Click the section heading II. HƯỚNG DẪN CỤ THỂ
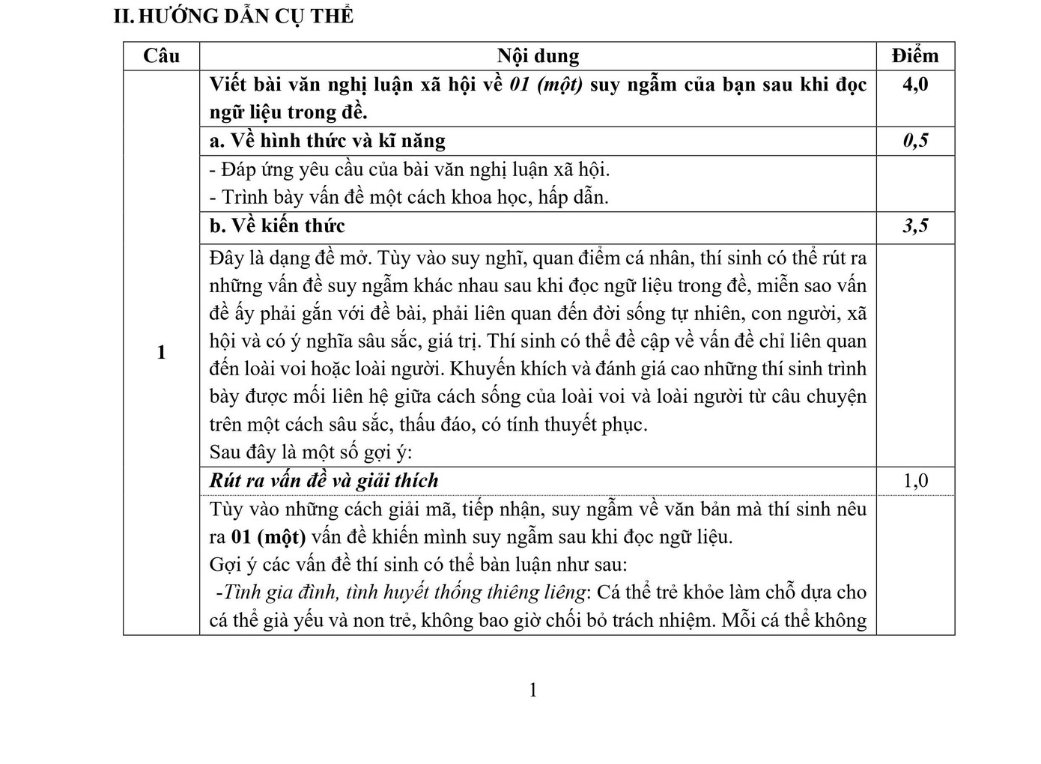click(x=233, y=16)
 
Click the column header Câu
click(x=162, y=56)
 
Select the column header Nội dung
click(x=538, y=56)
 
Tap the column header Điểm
click(x=915, y=56)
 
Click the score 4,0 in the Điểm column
click(x=915, y=84)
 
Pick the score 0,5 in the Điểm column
click(x=915, y=141)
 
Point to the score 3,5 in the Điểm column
click(x=915, y=226)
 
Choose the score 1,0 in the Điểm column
click(x=915, y=481)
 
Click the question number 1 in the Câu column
click(x=162, y=353)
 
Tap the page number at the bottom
click(x=533, y=691)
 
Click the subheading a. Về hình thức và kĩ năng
click(x=327, y=141)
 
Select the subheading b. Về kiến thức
click(x=277, y=226)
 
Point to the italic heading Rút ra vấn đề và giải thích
click(x=324, y=481)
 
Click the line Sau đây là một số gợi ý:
click(x=311, y=452)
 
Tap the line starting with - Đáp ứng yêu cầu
click(x=410, y=169)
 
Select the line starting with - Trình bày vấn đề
click(x=409, y=198)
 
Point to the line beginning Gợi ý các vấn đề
click(x=418, y=565)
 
